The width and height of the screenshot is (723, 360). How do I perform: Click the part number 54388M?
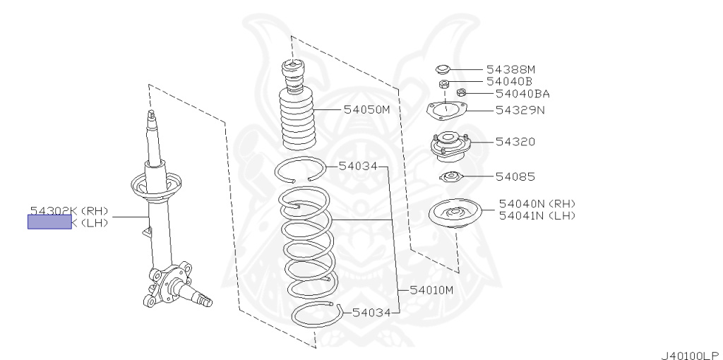pyautogui.click(x=510, y=69)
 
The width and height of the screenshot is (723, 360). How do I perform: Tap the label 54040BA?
pyautogui.click(x=522, y=93)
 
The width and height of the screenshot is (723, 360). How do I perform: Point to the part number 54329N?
pyautogui.click(x=520, y=110)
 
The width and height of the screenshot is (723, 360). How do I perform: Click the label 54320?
pyautogui.click(x=515, y=142)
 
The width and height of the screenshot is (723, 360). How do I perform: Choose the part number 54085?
pyautogui.click(x=515, y=176)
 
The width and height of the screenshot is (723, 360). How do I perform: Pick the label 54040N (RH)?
pyautogui.click(x=537, y=203)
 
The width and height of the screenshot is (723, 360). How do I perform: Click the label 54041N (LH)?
pyautogui.click(x=537, y=215)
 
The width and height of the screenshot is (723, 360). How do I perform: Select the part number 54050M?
pyautogui.click(x=366, y=110)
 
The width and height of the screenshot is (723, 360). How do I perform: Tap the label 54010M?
pyautogui.click(x=431, y=290)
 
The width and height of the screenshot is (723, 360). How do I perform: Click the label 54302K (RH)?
pyautogui.click(x=68, y=210)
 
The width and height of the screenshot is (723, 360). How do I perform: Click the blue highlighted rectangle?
pyautogui.click(x=49, y=222)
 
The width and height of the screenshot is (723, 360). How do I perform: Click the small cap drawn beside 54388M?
pyautogui.click(x=443, y=69)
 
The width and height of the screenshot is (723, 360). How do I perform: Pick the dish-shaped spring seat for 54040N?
pyautogui.click(x=455, y=214)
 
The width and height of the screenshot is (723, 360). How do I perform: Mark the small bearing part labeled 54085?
pyautogui.click(x=450, y=177)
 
